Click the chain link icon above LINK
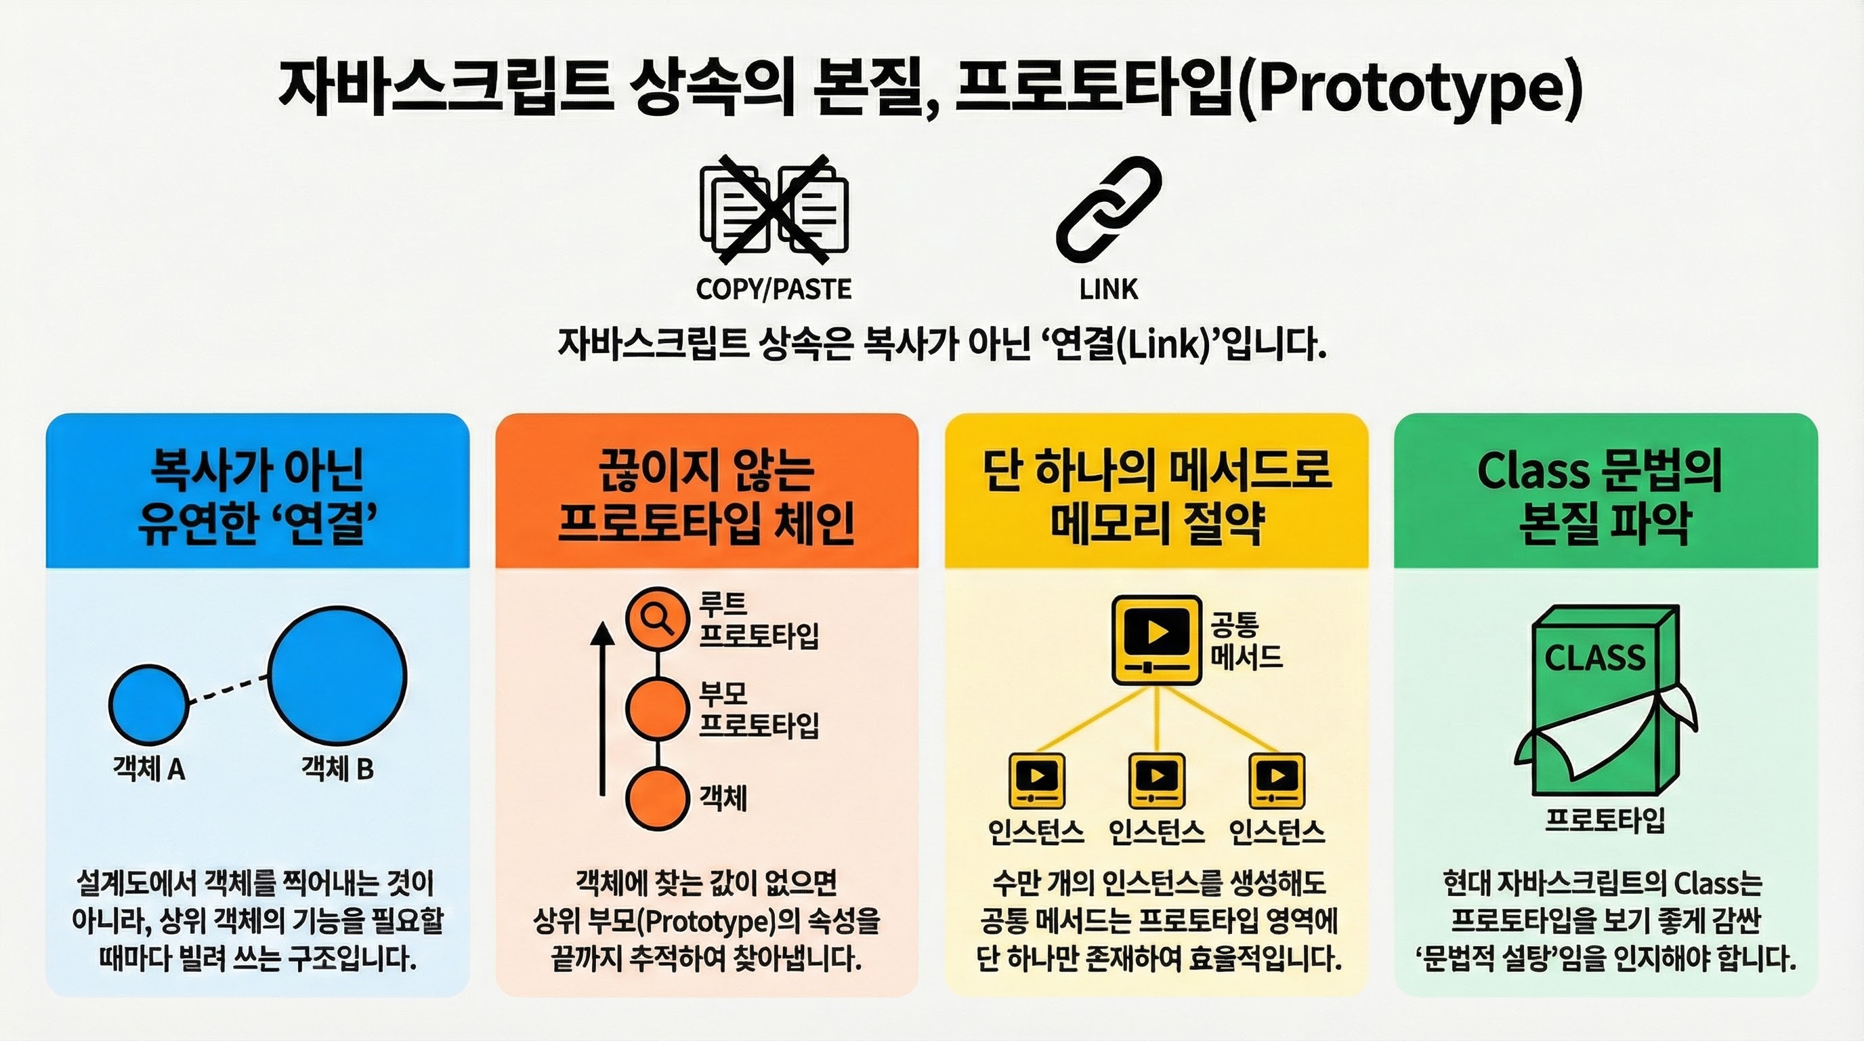coord(1109,210)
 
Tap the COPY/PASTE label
coord(774,289)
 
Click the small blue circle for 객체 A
coord(148,704)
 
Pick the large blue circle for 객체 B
coord(337,676)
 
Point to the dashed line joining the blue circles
coord(228,689)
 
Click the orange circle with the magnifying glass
coord(657,619)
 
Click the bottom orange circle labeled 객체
coord(657,798)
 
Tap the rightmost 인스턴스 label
coord(1277,832)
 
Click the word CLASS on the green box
coord(1595,658)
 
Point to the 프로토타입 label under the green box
coord(1605,820)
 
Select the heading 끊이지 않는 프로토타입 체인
coord(706,497)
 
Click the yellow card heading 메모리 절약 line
coord(1157,523)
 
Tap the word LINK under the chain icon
coord(1109,289)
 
